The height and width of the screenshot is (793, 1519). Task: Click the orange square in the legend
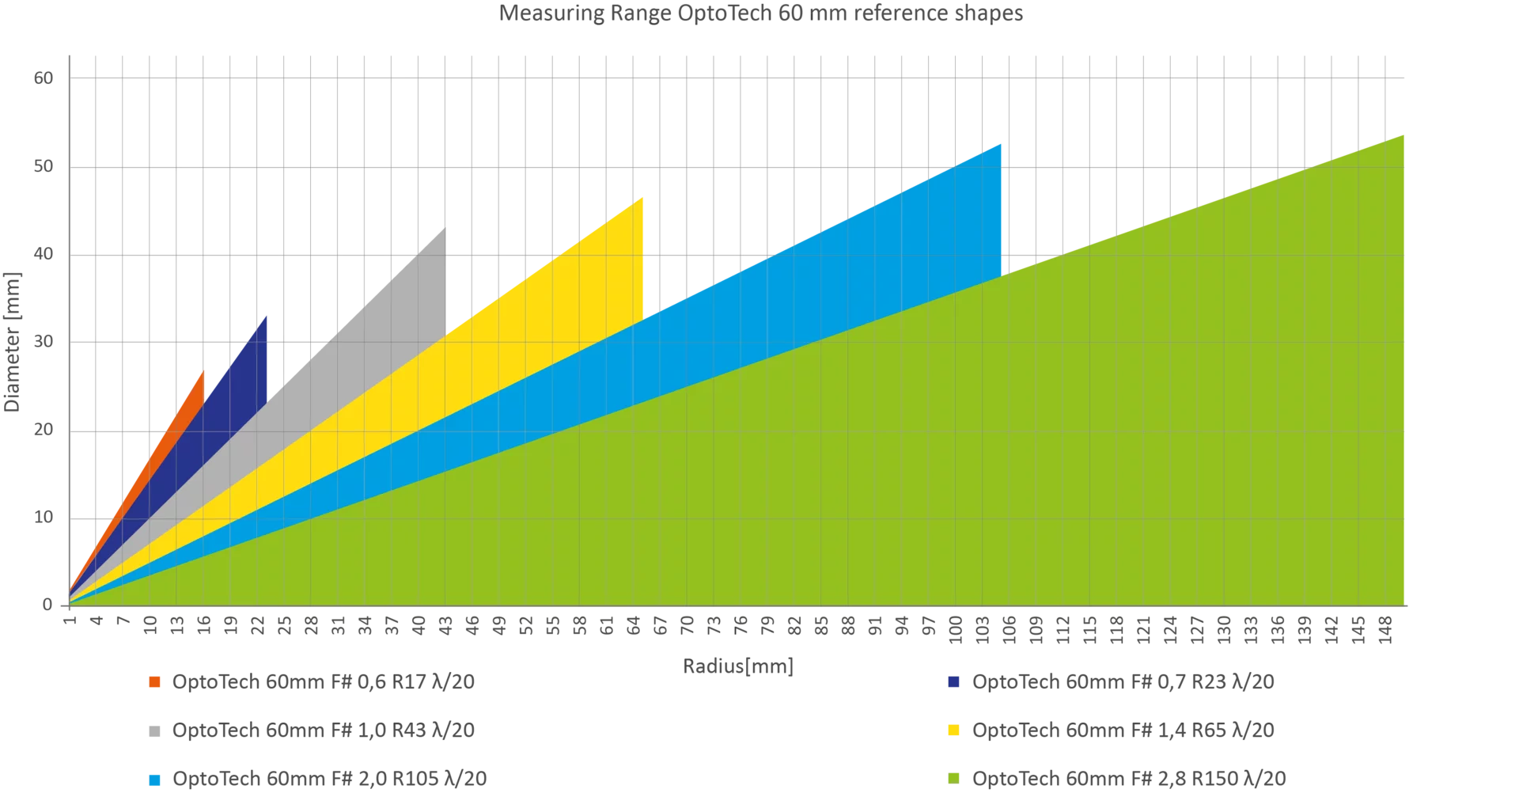[155, 681]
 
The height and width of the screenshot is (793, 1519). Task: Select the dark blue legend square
[955, 681]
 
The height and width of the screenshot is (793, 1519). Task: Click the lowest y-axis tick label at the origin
[46, 605]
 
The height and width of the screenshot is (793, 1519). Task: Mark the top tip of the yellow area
[642, 198]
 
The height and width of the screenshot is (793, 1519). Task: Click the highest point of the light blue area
[1002, 143]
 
